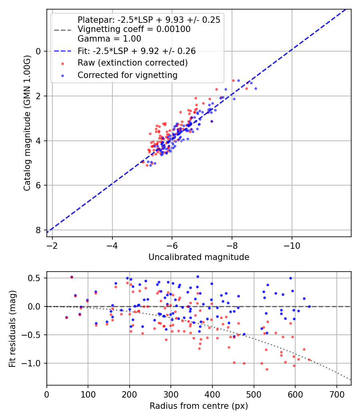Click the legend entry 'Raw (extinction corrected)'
pyautogui.click(x=132, y=63)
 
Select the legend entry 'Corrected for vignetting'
pyautogui.click(x=127, y=75)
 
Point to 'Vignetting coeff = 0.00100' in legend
pyautogui.click(x=134, y=29)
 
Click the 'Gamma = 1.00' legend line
pyautogui.click(x=109, y=39)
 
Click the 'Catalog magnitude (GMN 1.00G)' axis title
pyautogui.click(x=27, y=123)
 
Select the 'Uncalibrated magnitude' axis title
pyautogui.click(x=199, y=257)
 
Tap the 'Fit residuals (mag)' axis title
pyautogui.click(x=12, y=328)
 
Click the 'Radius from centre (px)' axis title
pyautogui.click(x=199, y=406)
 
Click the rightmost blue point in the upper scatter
pyautogui.click(x=256, y=88)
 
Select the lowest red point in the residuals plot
pyautogui.click(x=267, y=369)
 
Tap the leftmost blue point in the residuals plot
pyautogui.click(x=66, y=317)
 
